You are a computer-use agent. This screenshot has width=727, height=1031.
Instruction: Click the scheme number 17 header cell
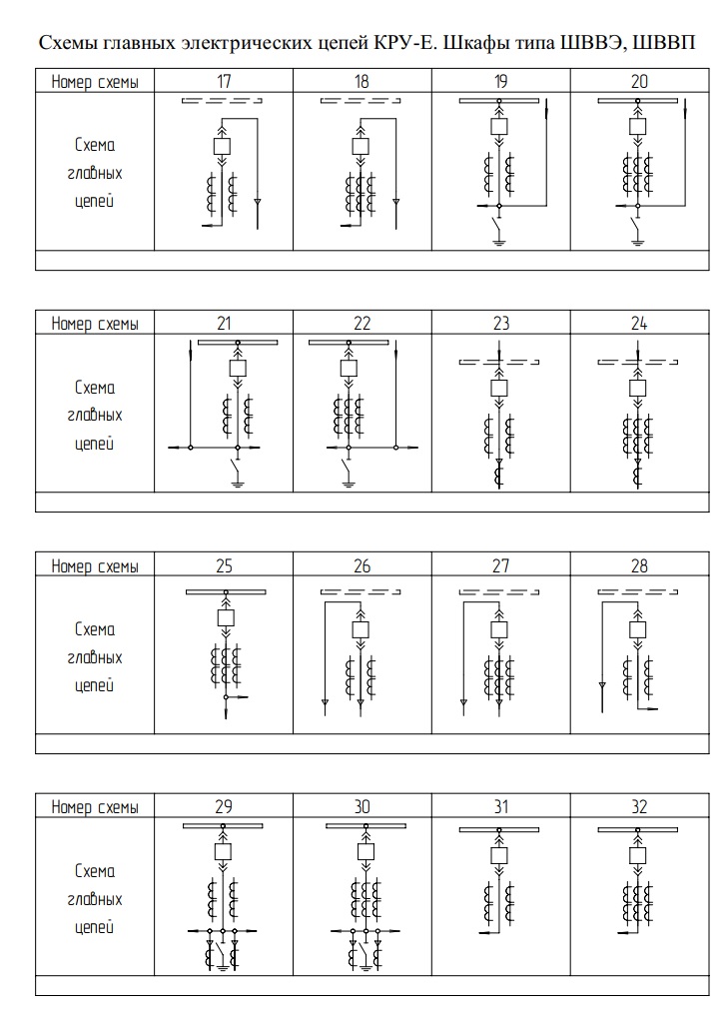coord(224,81)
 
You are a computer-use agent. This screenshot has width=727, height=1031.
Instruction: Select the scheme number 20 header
coord(639,81)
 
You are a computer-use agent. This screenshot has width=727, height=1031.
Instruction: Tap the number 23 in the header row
coord(501,323)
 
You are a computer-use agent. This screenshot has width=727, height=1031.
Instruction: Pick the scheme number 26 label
coord(363,565)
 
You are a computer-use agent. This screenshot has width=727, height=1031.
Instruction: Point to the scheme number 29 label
coord(224,807)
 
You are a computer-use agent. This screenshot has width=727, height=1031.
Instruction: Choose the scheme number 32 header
coord(639,807)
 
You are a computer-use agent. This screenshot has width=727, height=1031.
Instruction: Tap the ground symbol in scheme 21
coord(238,484)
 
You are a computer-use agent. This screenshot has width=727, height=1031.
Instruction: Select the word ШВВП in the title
coord(664,45)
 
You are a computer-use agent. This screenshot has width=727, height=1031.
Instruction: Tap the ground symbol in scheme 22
coord(348,484)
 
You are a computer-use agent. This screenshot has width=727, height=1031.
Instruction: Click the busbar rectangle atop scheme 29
coord(224,826)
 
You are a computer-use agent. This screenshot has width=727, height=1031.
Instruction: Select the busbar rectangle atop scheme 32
coord(639,830)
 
